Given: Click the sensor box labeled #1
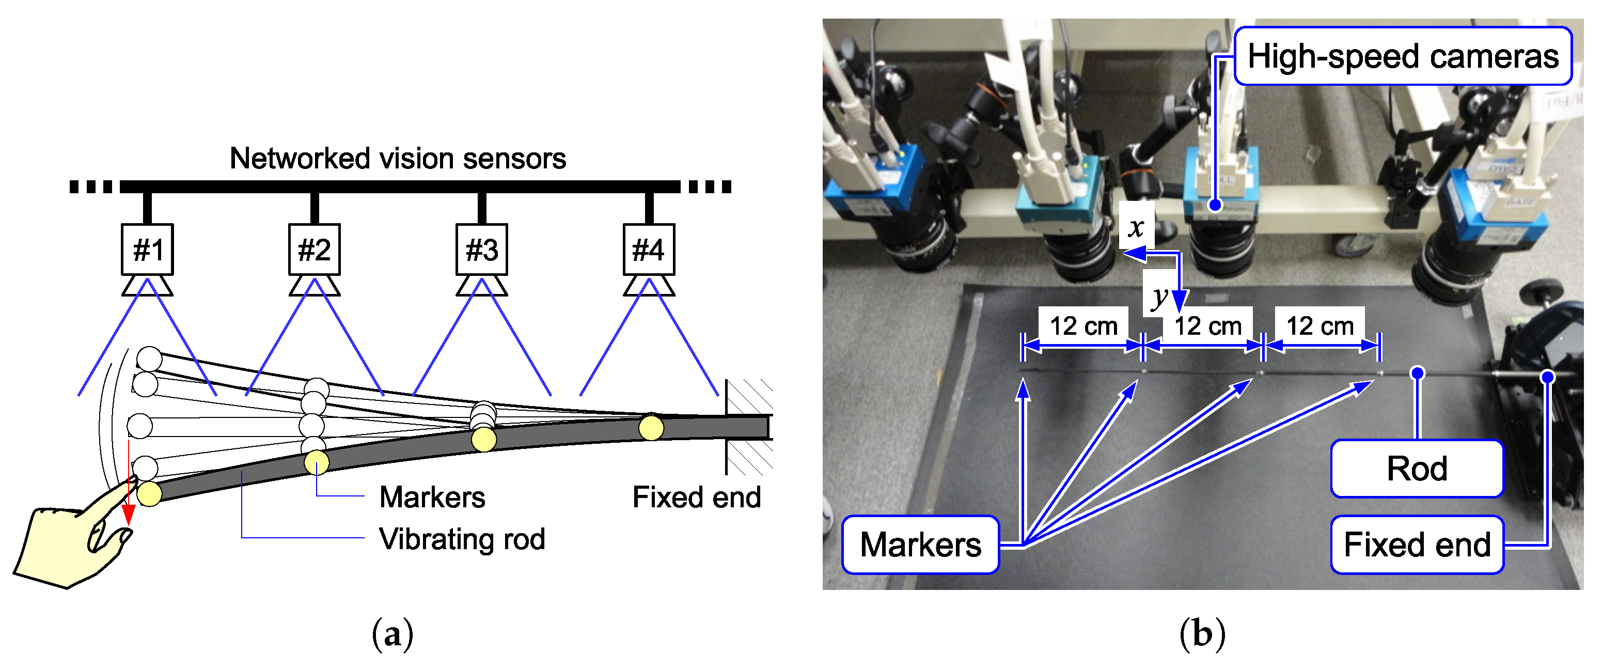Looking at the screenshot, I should tap(147, 250).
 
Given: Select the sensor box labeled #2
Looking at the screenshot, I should tap(314, 250).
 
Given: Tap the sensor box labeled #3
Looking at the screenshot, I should tap(481, 250).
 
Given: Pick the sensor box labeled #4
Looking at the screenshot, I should tap(649, 250).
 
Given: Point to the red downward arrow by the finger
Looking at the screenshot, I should tap(129, 486).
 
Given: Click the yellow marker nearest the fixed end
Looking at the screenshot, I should tap(651, 428).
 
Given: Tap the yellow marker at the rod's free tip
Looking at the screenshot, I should tap(149, 493).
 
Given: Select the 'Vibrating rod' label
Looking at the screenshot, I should tap(462, 539).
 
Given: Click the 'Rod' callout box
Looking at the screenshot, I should tap(1417, 469).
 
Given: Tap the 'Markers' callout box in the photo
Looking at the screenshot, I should tap(920, 544).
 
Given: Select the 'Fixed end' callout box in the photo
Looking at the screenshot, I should tap(1417, 544).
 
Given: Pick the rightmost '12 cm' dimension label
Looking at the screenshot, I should tap(1319, 325).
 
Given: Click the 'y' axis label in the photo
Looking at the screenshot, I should tap(1158, 298).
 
